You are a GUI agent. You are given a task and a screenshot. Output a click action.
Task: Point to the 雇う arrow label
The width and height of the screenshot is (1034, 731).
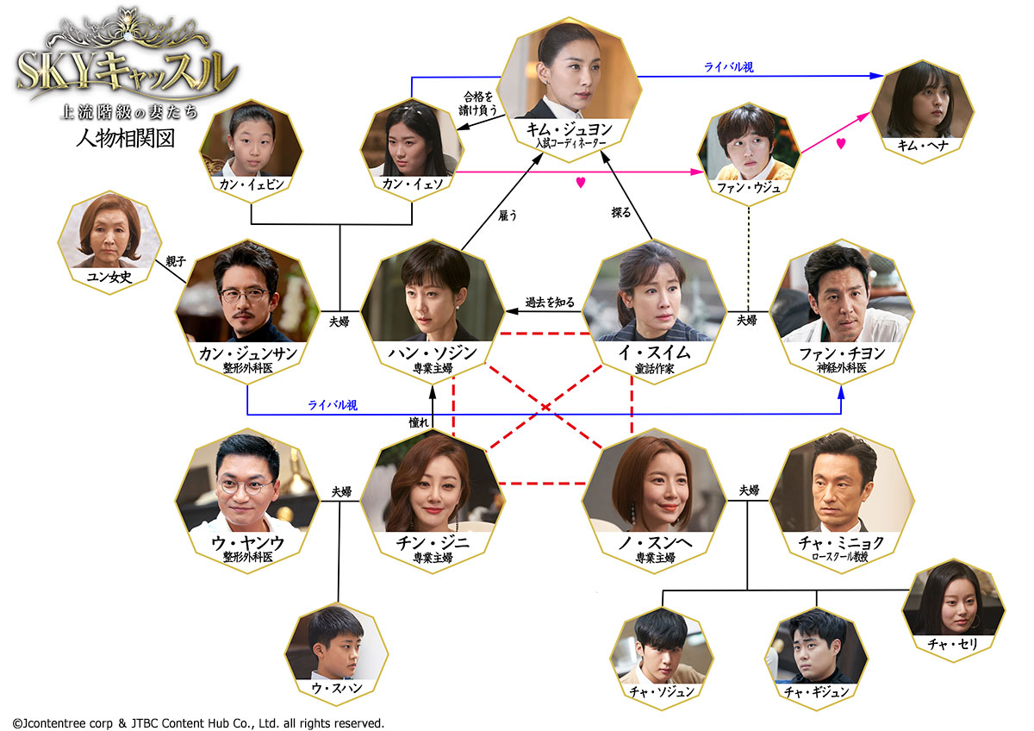point(508,216)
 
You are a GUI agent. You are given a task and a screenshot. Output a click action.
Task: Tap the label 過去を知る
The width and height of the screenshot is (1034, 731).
point(551,303)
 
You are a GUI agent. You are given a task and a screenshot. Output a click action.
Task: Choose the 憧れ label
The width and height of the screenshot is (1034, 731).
point(419,422)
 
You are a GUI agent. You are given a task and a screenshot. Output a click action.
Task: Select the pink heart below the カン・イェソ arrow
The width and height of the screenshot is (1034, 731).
point(581,182)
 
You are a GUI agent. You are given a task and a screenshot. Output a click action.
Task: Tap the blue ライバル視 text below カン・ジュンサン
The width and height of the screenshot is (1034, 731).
point(333,403)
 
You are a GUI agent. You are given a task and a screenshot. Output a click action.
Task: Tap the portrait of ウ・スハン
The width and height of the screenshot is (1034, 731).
point(336,647)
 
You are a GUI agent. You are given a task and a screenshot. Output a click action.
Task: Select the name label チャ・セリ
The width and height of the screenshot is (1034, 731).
point(950,642)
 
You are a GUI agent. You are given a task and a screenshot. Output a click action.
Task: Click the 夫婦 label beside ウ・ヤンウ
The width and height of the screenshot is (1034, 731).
point(342,491)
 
